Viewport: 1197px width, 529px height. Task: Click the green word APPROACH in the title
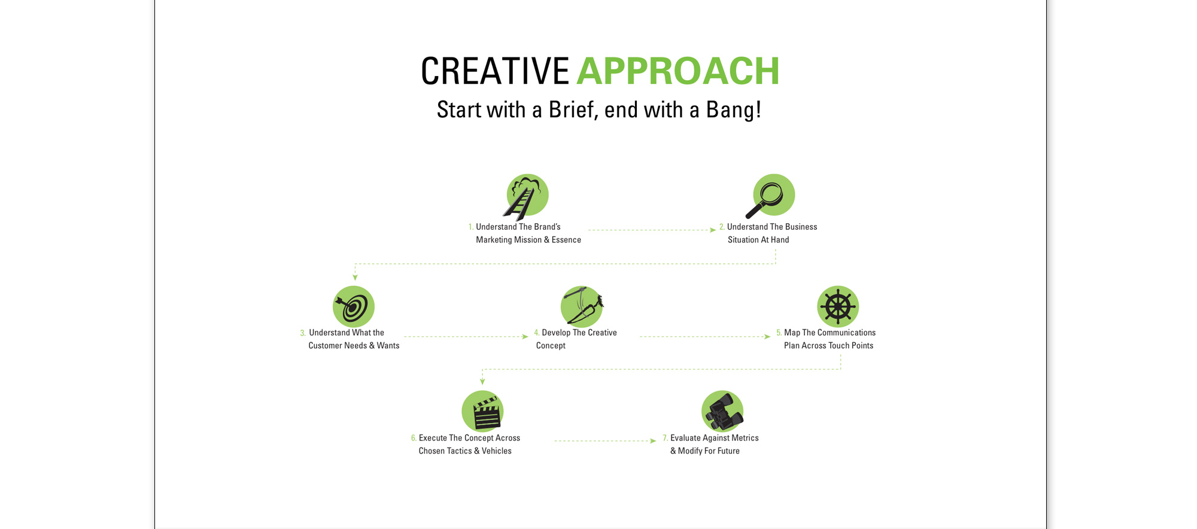tap(678, 71)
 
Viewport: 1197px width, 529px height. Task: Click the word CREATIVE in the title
tap(495, 71)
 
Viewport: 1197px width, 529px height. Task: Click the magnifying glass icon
tap(771, 196)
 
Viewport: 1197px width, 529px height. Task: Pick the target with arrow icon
tap(354, 306)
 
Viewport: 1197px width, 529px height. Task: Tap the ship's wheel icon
tap(838, 306)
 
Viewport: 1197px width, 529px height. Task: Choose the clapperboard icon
tap(482, 412)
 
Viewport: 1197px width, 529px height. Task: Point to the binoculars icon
tap(722, 412)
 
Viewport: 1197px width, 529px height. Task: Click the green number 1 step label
tap(471, 227)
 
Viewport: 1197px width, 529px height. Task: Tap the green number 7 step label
tap(665, 439)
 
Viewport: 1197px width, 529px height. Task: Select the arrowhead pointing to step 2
tap(713, 230)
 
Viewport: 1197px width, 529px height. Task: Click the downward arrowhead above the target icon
tap(355, 278)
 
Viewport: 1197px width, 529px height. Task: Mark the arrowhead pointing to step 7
tap(653, 441)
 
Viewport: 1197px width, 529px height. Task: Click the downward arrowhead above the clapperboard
tap(482, 381)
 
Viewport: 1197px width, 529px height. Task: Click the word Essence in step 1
tap(566, 240)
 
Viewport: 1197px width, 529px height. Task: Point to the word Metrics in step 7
tap(745, 438)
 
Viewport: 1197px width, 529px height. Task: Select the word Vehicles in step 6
tap(497, 451)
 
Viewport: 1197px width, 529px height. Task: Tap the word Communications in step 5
tap(846, 333)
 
